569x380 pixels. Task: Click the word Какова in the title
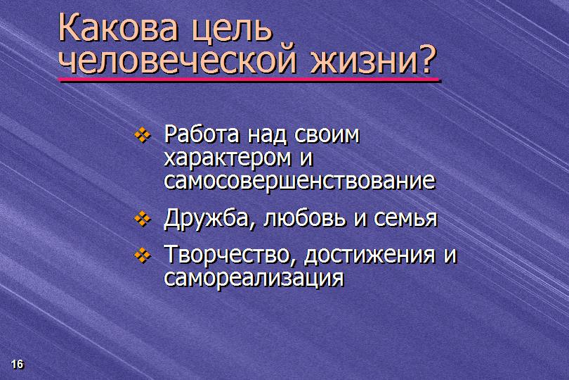[x=118, y=27]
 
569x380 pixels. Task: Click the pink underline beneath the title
[x=249, y=79]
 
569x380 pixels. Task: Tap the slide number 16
[x=17, y=364]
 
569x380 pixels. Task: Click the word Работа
[x=202, y=134]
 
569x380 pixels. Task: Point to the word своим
[x=327, y=135]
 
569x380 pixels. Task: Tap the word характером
[x=228, y=159]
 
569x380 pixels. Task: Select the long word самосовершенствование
[x=299, y=181]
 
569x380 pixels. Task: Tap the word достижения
[x=369, y=255]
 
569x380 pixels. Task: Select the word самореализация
[x=254, y=279]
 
